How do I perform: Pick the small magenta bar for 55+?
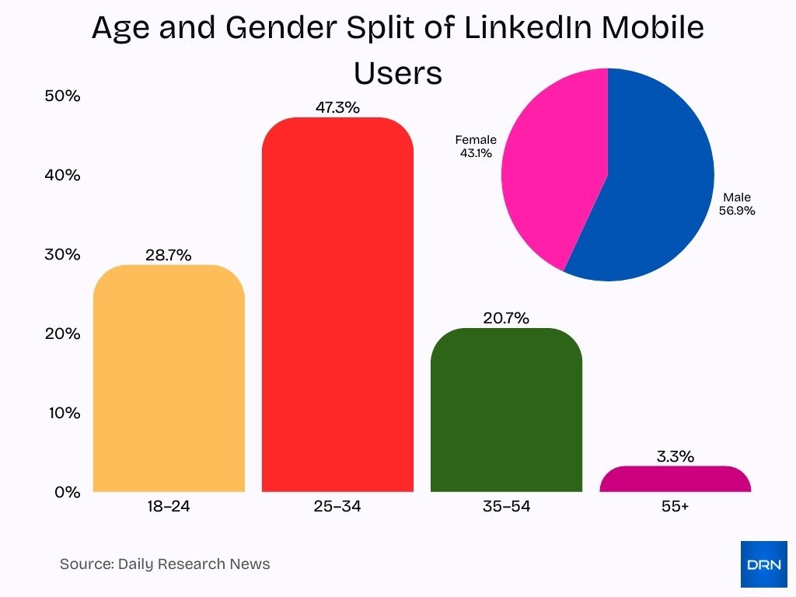click(x=675, y=480)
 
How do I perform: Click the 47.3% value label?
click(x=337, y=108)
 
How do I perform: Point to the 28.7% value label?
click(x=168, y=255)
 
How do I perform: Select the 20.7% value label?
click(x=505, y=318)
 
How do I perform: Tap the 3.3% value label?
click(x=675, y=456)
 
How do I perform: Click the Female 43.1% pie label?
click(x=476, y=146)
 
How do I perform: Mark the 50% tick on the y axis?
click(x=63, y=96)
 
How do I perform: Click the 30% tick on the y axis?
click(x=63, y=255)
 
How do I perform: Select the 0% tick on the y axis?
click(x=67, y=492)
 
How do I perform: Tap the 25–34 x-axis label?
click(x=337, y=507)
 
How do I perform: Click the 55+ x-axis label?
click(x=675, y=507)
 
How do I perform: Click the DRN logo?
click(x=763, y=564)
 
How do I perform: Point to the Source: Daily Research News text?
click(x=165, y=564)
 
